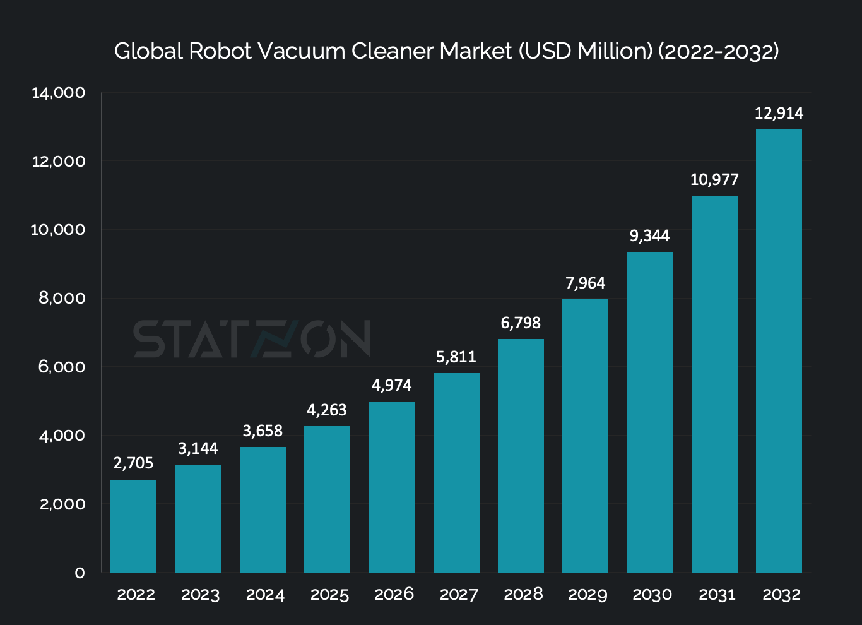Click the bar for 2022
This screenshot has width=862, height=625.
[x=133, y=526]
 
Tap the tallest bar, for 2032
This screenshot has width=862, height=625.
[x=779, y=351]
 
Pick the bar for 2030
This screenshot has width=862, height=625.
[x=650, y=412]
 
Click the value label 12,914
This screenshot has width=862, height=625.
[x=779, y=114]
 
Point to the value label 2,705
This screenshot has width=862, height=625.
[x=133, y=463]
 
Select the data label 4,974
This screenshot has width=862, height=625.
[x=391, y=386]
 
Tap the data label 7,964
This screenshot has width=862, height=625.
[x=585, y=283]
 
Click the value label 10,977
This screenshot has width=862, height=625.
[x=714, y=180]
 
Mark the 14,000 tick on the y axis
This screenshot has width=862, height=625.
[x=58, y=93]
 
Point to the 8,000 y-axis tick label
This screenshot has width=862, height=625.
[x=62, y=298]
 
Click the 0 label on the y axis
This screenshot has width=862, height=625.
[x=80, y=573]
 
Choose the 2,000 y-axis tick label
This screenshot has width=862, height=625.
[x=62, y=504]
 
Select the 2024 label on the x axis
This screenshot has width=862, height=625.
[x=265, y=595]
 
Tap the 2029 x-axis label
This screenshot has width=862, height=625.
[x=587, y=595]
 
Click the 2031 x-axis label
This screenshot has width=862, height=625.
[x=717, y=595]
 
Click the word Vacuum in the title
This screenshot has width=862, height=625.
[x=301, y=51]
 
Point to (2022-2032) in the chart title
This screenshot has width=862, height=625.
[x=718, y=51]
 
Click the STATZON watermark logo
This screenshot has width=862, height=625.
[x=252, y=339]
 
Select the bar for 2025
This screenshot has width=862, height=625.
[x=327, y=499]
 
